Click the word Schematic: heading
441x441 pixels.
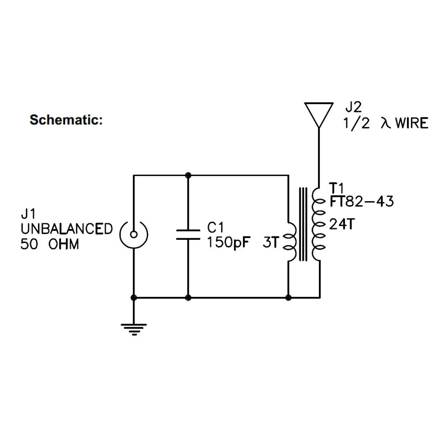click(66, 120)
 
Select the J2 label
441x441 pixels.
click(354, 107)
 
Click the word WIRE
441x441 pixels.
click(411, 123)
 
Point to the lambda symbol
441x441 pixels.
click(386, 123)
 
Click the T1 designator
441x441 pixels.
click(336, 188)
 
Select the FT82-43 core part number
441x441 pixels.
click(362, 202)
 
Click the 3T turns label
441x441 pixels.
click(271, 242)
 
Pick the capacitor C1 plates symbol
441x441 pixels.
click(188, 235)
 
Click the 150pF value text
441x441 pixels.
click(228, 243)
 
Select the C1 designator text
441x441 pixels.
click(215, 228)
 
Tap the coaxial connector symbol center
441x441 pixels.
click(134, 234)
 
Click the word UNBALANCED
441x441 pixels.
click(67, 229)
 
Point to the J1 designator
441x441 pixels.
click(28, 214)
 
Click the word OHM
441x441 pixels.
click(64, 244)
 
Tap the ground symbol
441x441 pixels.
click(134, 329)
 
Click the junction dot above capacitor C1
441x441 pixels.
click(188, 175)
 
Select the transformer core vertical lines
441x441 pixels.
click(303, 224)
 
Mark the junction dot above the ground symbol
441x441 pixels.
click(134, 297)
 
